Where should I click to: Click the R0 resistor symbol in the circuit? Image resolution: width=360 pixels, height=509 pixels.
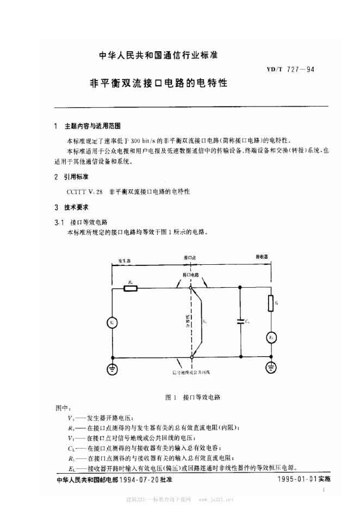(130, 288)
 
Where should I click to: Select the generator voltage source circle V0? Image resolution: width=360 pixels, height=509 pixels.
(111, 322)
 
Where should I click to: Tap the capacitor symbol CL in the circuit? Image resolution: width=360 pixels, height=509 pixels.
(239, 322)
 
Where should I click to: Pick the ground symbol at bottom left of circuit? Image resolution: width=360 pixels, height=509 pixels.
(111, 369)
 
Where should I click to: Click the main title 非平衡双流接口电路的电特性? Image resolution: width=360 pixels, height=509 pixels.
(158, 85)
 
